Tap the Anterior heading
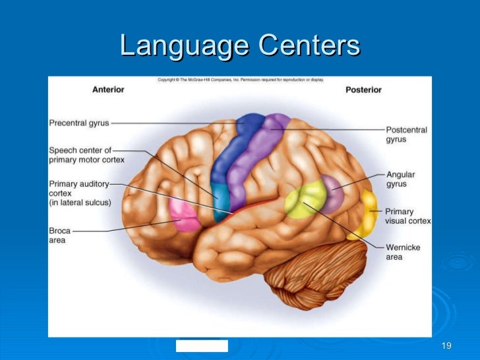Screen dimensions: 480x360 click(x=108, y=90)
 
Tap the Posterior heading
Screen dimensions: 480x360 click(x=363, y=90)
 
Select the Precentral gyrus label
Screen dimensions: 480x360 click(x=79, y=123)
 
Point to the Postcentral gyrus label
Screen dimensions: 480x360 click(x=406, y=135)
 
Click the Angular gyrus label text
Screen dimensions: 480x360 click(x=400, y=179)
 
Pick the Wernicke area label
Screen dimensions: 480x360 click(x=403, y=252)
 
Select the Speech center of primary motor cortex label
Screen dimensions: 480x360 click(x=86, y=154)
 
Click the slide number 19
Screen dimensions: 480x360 click(x=446, y=347)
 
